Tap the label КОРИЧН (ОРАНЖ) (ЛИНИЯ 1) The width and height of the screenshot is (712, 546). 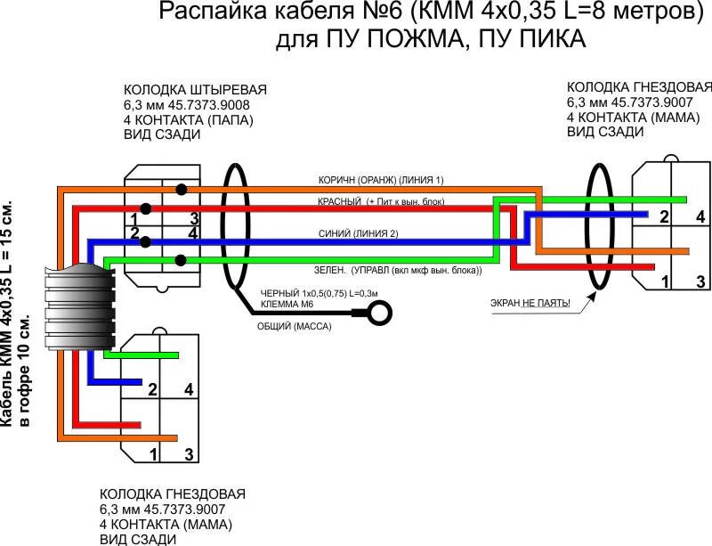(381, 180)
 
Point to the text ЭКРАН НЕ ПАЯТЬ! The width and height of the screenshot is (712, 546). (530, 304)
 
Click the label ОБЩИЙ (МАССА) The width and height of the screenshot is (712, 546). (294, 327)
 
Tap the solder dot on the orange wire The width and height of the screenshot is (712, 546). (182, 189)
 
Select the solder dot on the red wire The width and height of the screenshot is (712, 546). (145, 208)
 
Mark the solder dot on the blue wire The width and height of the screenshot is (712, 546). (145, 241)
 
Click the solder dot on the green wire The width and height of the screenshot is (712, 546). (182, 260)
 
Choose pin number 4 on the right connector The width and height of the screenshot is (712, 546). (700, 216)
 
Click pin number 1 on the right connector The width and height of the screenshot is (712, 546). (665, 281)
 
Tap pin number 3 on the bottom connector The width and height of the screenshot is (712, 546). (189, 454)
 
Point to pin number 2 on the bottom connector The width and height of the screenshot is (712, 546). (153, 389)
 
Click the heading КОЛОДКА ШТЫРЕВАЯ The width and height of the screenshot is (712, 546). (195, 90)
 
